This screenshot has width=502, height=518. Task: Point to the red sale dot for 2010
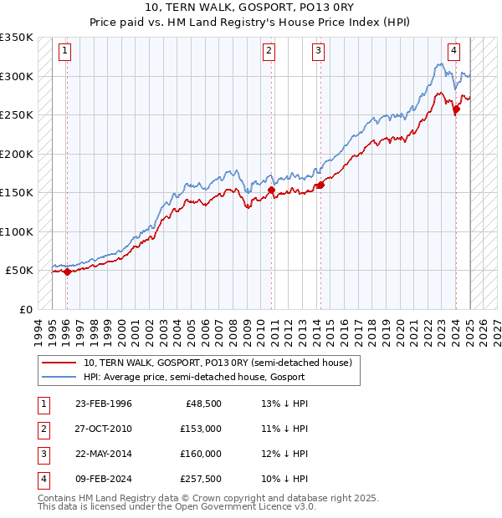point(272,190)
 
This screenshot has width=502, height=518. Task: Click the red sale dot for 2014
point(320,185)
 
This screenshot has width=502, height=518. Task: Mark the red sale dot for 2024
point(456,109)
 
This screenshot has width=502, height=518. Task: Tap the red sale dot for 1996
point(67,272)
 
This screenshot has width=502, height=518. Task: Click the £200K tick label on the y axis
point(17,154)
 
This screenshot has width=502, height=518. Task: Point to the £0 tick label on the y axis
point(25,309)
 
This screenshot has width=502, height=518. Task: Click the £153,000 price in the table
point(201,429)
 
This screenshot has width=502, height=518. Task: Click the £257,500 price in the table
point(201,479)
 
